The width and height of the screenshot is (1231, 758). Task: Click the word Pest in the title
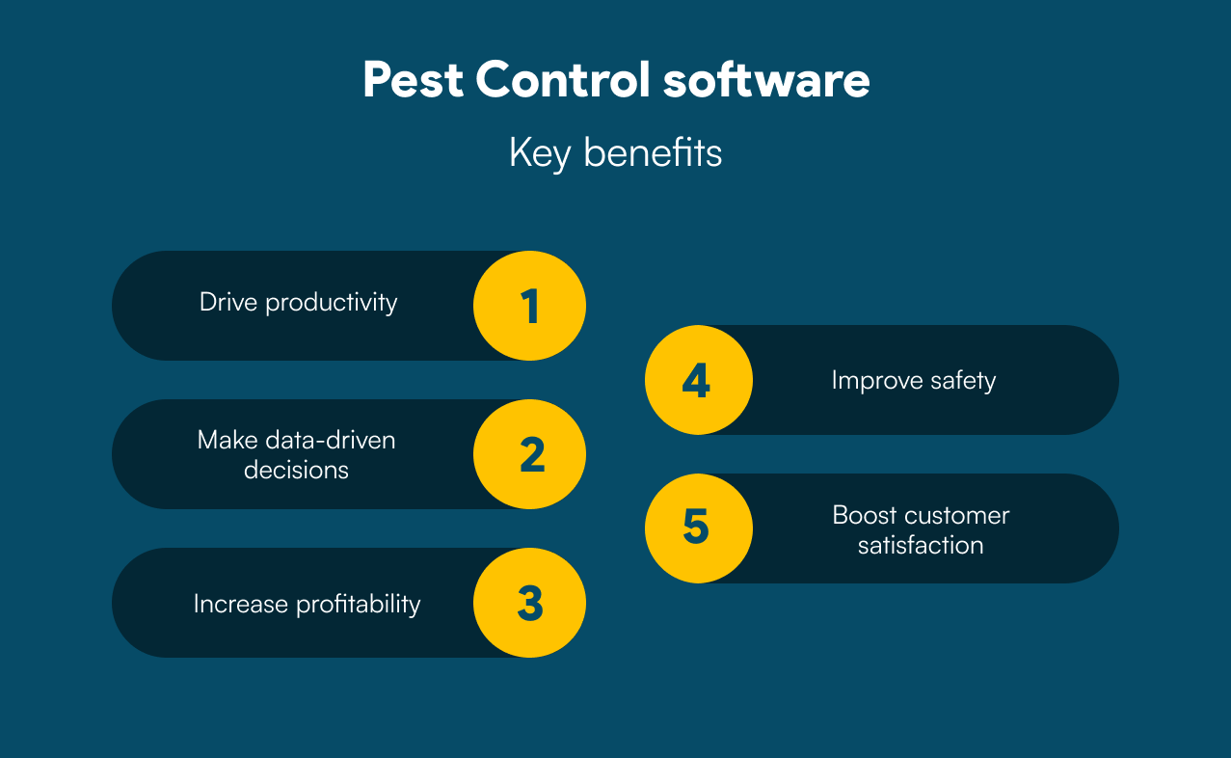click(413, 80)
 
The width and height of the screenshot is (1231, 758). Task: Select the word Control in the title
click(563, 80)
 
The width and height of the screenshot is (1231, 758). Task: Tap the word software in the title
click(766, 80)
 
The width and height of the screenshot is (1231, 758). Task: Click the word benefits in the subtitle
click(653, 152)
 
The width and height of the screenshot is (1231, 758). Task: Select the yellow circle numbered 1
click(530, 306)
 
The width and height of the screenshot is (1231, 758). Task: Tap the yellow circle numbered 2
click(530, 454)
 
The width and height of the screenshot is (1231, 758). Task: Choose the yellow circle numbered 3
click(530, 603)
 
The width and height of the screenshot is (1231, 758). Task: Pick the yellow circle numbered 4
click(699, 380)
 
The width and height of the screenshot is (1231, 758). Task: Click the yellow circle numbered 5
click(699, 528)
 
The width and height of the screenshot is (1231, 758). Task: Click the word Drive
click(228, 302)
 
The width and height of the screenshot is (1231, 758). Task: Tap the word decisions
click(296, 471)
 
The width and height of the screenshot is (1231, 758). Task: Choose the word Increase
click(241, 604)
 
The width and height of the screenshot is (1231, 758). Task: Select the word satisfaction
click(921, 546)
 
